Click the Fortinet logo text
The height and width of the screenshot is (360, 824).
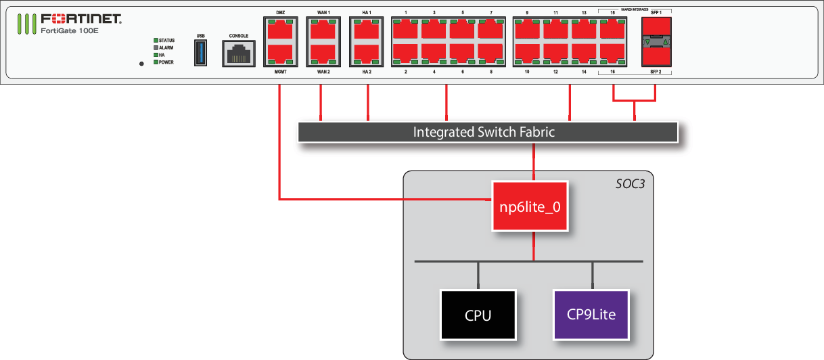click(81, 19)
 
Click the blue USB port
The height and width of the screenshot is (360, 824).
click(200, 53)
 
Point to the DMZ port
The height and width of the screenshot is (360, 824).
click(280, 30)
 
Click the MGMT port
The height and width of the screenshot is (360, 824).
click(280, 53)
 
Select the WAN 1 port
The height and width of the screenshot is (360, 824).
click(323, 30)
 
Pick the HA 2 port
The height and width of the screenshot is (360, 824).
click(367, 53)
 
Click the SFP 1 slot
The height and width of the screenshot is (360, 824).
click(656, 26)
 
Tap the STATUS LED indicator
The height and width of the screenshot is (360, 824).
click(156, 41)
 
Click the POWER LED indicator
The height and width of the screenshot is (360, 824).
click(156, 62)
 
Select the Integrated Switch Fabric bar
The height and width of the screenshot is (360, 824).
click(487, 132)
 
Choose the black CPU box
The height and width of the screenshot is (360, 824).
click(478, 315)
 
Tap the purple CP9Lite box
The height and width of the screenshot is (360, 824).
click(591, 315)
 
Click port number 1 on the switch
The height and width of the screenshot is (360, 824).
click(406, 30)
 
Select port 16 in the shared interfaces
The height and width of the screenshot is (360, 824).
click(612, 53)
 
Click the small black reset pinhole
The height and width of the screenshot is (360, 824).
click(141, 64)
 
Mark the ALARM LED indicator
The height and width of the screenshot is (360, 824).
click(156, 48)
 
